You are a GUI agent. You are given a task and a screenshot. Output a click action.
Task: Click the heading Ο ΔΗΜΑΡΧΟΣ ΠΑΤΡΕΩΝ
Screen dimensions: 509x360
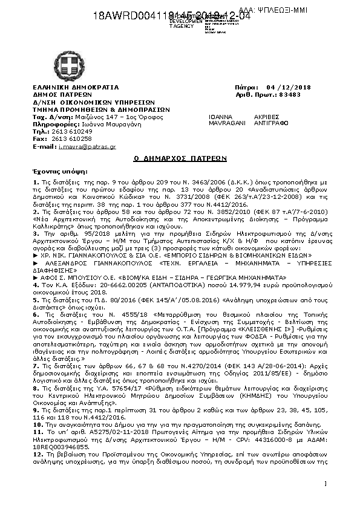[x=180, y=159]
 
